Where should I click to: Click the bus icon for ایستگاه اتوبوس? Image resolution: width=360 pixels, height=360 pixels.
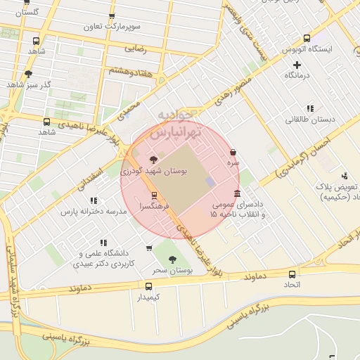point(307,39)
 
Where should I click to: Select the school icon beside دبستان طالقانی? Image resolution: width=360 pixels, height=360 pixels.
point(309,108)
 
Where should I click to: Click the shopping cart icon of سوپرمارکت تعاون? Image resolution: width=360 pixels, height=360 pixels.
point(111,15)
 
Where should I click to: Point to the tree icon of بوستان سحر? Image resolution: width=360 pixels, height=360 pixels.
point(172,259)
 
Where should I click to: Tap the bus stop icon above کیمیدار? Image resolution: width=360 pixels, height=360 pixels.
point(148,286)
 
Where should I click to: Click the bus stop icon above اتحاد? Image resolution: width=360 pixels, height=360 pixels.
point(292,274)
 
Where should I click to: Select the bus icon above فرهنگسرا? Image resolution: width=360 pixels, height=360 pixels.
point(154,195)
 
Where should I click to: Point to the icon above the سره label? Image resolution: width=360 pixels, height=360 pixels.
point(233,152)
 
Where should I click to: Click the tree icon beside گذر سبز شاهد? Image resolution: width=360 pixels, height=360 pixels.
point(28,73)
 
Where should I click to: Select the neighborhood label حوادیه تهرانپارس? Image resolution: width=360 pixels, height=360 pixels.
point(179,123)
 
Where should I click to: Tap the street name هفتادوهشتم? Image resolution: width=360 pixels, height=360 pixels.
point(131,70)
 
